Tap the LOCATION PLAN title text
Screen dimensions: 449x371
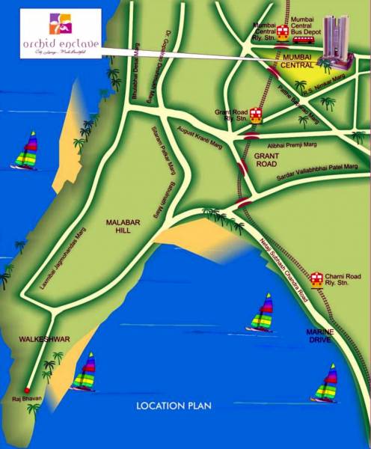(x=174, y=406)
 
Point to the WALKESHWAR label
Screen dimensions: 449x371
(x=45, y=340)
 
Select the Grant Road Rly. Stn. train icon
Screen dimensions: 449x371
(x=256, y=114)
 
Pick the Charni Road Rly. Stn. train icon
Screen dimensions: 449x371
(x=318, y=277)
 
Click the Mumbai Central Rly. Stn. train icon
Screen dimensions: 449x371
(x=283, y=32)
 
